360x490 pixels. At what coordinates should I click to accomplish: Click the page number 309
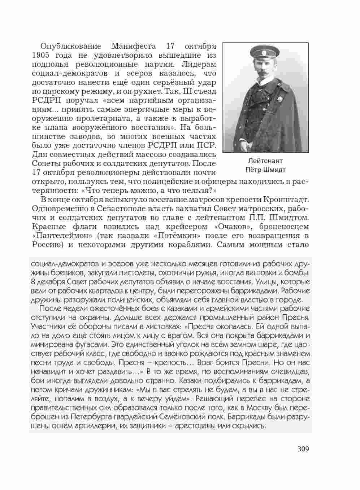pos(303,449)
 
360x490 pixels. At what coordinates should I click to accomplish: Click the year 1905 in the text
pos(42,55)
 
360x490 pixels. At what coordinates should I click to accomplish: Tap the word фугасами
pos(87,344)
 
